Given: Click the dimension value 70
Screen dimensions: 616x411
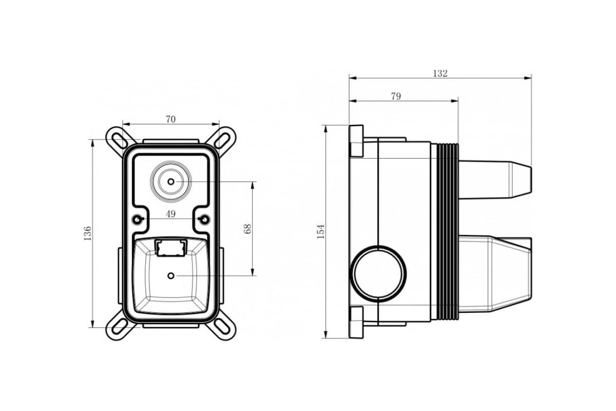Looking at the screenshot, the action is (170, 119).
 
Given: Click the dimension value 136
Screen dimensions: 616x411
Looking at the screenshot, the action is (87, 233).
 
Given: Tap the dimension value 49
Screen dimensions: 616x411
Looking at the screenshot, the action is (170, 214).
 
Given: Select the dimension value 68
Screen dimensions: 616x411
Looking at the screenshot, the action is (247, 229).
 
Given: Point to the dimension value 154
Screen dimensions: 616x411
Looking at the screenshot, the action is (321, 232).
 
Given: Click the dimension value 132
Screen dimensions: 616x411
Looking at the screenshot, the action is (440, 73).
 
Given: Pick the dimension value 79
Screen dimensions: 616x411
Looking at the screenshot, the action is (396, 96).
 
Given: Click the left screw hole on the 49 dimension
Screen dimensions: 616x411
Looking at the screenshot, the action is (137, 219).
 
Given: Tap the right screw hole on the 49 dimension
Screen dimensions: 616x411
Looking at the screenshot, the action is (205, 219).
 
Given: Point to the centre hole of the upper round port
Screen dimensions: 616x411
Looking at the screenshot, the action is (171, 182).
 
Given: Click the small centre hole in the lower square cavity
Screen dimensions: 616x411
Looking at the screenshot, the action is (171, 275).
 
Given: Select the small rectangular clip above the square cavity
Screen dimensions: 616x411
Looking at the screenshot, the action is (171, 248).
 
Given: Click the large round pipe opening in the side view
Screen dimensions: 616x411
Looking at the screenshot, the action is (378, 273).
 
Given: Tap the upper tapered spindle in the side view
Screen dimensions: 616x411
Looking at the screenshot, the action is (495, 179).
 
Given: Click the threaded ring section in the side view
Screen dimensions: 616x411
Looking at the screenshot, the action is (448, 232).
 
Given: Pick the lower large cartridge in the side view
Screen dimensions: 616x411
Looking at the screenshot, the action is (495, 274).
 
